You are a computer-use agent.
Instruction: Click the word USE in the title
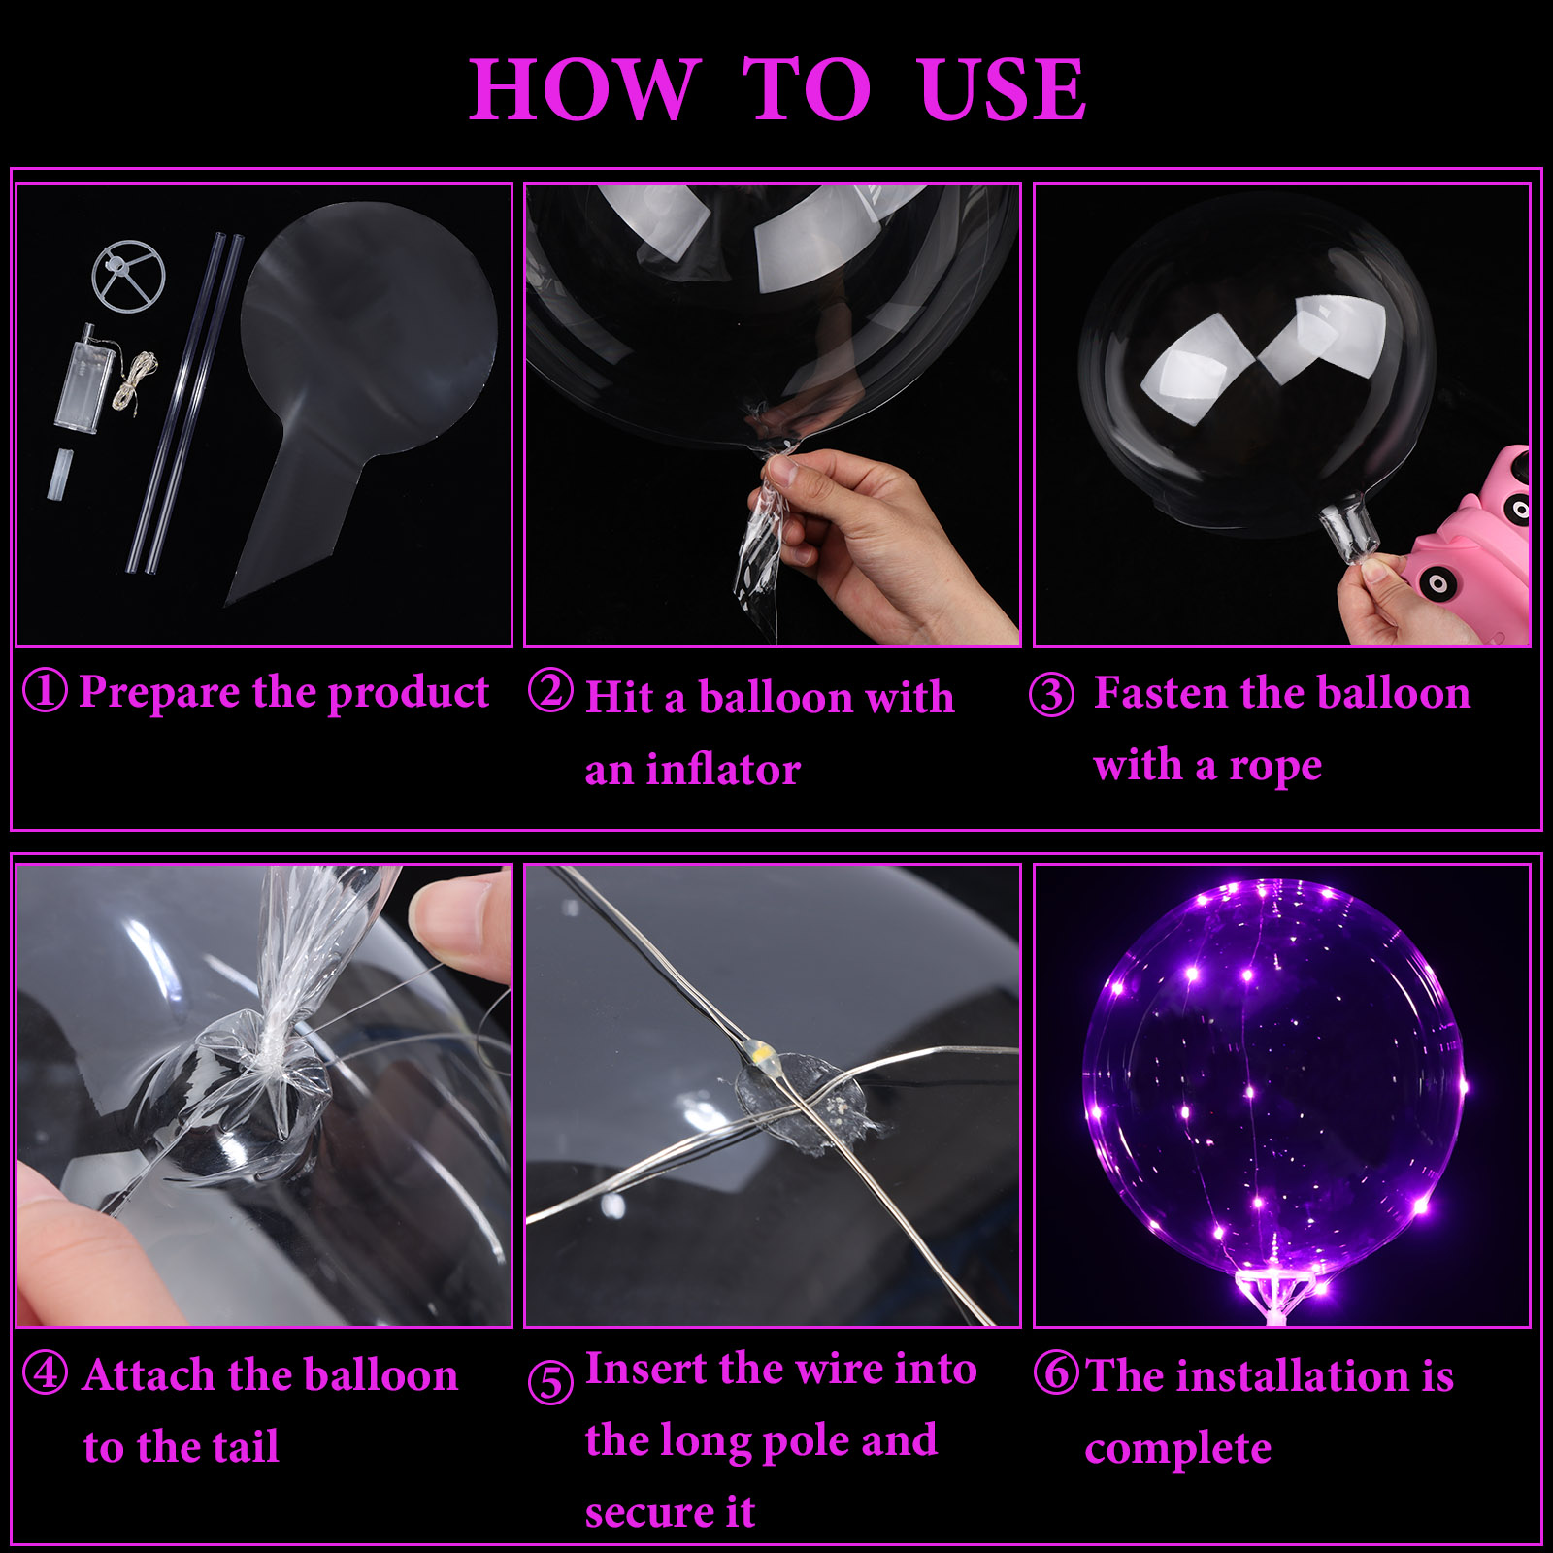1003,89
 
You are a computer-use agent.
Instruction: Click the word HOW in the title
584,89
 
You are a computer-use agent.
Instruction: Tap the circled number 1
45,691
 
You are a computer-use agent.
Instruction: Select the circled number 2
550,691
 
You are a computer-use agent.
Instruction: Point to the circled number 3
1051,695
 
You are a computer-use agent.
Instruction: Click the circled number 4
45,1373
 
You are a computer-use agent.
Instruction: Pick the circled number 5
550,1381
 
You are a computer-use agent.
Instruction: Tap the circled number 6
1056,1372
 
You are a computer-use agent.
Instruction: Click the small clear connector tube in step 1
59,475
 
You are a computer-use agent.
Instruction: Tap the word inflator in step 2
723,770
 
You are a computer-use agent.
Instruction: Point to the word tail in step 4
245,1446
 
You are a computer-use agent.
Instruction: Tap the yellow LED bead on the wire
758,1051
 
